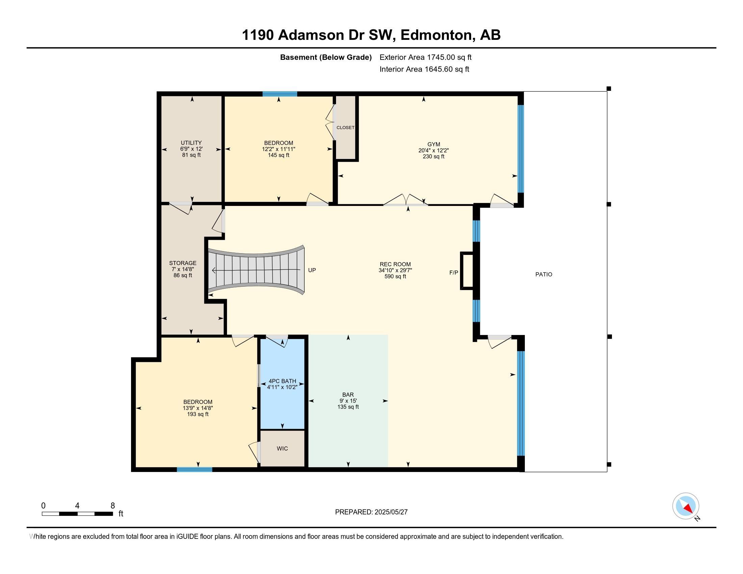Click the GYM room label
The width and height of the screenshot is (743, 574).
[x=433, y=144]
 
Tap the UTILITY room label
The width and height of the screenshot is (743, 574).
[x=191, y=143]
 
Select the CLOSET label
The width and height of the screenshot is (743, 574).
[x=345, y=128]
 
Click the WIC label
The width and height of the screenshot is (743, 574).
[x=282, y=448]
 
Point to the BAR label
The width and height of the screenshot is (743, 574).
[x=348, y=394]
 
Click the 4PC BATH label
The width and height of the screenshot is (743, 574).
[x=282, y=381]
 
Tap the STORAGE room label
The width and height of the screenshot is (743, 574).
[x=183, y=263]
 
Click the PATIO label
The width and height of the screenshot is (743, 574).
[x=544, y=274]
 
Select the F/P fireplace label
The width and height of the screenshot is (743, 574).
[x=454, y=272]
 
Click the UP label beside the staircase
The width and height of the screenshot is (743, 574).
[x=312, y=270]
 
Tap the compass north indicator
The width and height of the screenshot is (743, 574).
[x=686, y=506]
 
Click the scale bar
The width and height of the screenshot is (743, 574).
[x=77, y=514]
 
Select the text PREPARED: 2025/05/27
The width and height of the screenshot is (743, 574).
[x=371, y=512]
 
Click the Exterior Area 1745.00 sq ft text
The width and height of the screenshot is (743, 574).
[x=425, y=57]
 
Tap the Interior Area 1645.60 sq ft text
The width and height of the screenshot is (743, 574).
[x=424, y=69]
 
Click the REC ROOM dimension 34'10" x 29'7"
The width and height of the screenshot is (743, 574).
[x=395, y=270]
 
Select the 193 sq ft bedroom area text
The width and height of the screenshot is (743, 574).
[x=198, y=414]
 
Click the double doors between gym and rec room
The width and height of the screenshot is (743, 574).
[x=406, y=201]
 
